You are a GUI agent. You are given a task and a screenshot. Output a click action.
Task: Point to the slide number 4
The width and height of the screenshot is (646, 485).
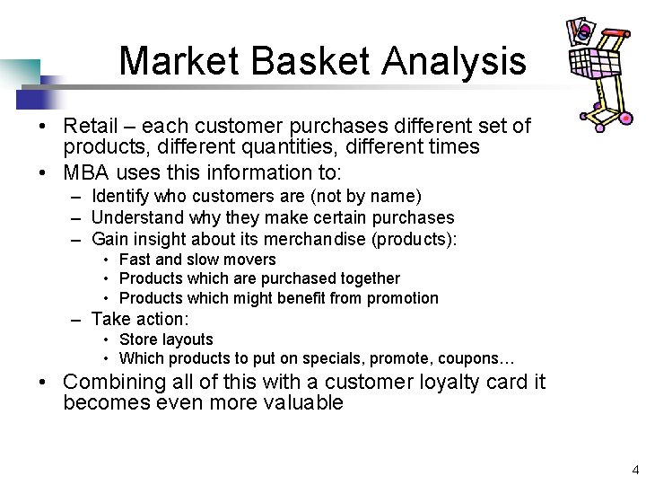tap(635, 469)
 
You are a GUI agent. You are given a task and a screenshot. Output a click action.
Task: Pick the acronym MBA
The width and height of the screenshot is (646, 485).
tap(88, 172)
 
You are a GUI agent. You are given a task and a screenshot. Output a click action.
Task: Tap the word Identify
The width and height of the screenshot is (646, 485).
tap(121, 196)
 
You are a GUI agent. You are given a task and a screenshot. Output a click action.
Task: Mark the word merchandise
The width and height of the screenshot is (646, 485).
tap(318, 239)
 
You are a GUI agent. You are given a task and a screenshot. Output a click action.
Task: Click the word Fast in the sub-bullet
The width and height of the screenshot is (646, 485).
tap(135, 260)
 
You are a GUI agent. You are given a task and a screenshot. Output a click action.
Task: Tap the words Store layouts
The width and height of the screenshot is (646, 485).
tap(166, 339)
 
